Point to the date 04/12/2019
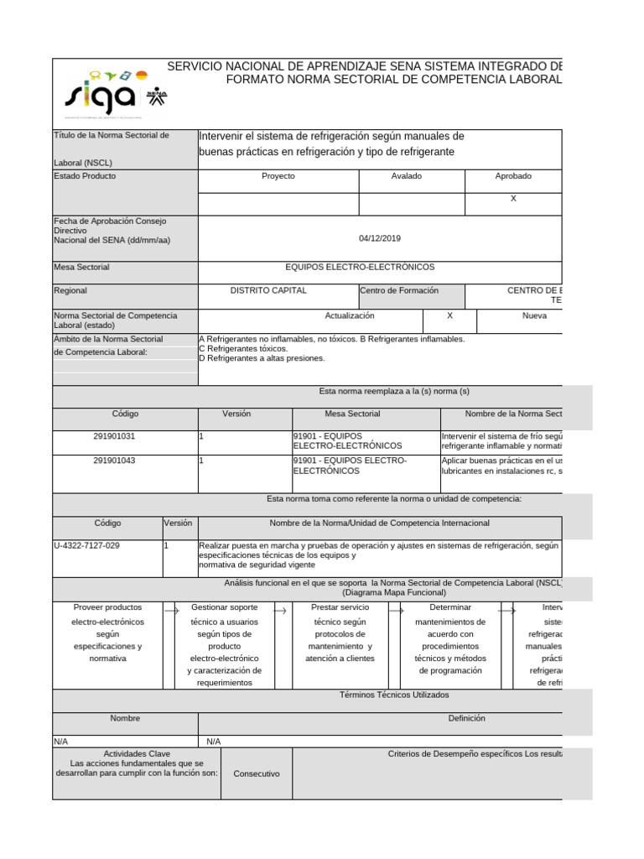tap(380, 238)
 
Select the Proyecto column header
tap(278, 176)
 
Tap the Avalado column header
tap(407, 176)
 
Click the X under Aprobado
tap(513, 199)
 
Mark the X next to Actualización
tap(450, 315)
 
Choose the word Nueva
tap(534, 315)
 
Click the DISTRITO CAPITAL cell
tap(268, 290)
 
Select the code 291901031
tap(114, 436)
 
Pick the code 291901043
tap(114, 461)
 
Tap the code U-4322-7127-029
tap(86, 545)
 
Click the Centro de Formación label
tap(399, 290)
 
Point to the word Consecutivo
tap(257, 773)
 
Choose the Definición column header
tap(466, 718)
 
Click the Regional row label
tap(70, 290)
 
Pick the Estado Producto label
tap(85, 176)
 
